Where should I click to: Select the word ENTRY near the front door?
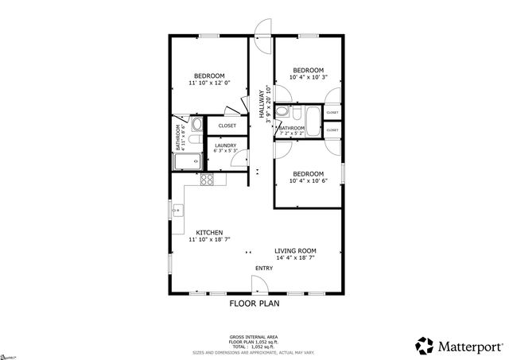point(263,268)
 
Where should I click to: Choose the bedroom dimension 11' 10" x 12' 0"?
point(209,83)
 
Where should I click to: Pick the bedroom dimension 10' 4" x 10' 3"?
point(307,77)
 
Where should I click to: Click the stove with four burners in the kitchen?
point(207,180)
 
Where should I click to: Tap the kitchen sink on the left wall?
point(178,211)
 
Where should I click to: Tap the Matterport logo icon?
point(425,346)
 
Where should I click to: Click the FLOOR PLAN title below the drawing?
point(254,304)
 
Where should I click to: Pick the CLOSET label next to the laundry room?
point(227,126)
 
